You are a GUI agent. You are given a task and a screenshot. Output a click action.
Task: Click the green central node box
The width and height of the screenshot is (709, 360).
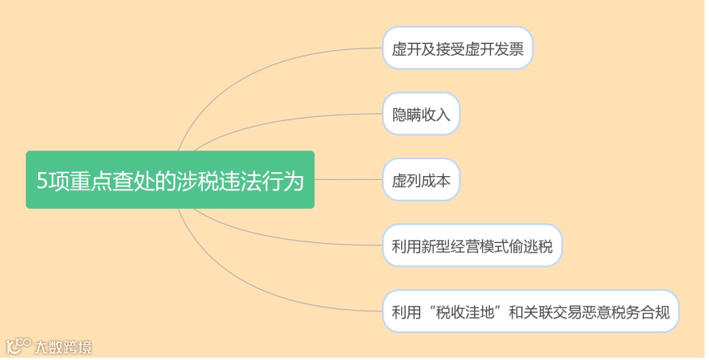[x=169, y=179]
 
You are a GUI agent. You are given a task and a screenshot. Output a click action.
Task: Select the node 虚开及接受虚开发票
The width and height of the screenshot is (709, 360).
[x=458, y=48]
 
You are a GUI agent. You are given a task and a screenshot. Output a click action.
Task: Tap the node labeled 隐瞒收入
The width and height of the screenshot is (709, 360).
[x=421, y=114]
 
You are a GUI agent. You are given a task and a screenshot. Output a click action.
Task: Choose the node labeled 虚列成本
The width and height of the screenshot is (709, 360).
[x=421, y=179]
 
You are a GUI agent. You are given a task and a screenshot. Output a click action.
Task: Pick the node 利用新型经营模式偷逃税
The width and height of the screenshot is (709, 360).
[x=472, y=246]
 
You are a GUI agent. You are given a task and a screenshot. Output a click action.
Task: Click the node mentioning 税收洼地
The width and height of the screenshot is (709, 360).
[x=530, y=311]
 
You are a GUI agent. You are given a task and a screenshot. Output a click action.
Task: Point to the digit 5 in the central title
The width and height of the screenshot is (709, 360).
[x=42, y=180]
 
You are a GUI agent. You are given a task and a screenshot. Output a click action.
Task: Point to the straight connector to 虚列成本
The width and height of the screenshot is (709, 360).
[x=348, y=179]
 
